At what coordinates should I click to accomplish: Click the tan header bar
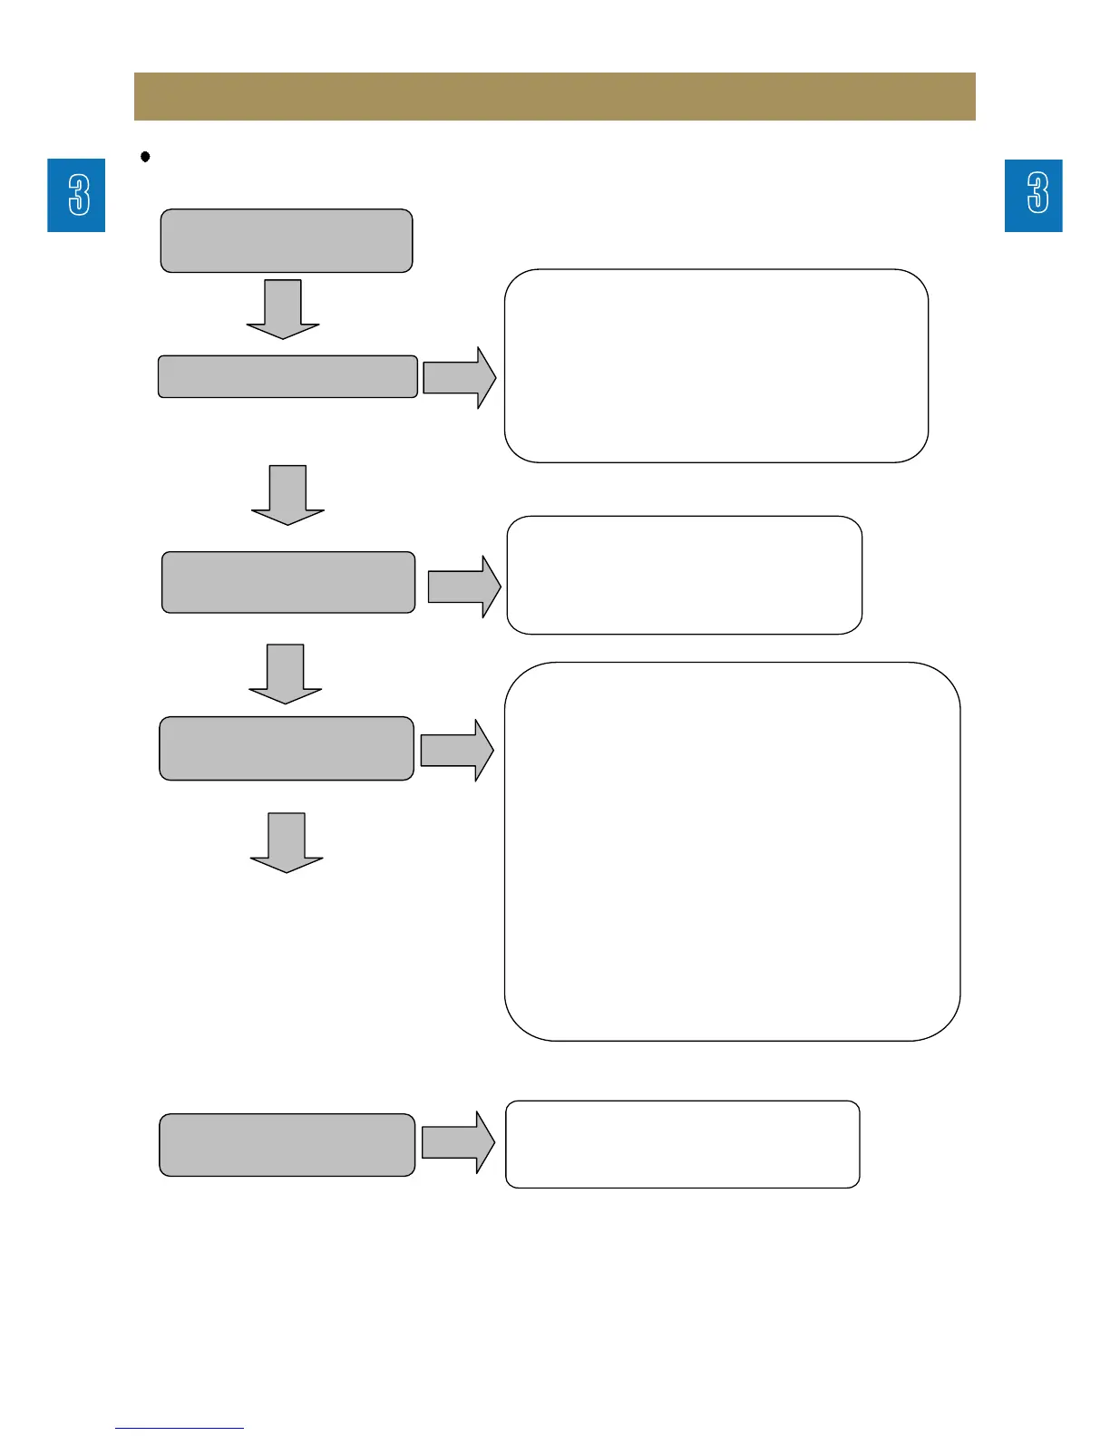[x=554, y=96]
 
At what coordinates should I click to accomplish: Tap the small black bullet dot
[x=145, y=157]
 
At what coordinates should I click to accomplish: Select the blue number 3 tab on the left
[x=76, y=195]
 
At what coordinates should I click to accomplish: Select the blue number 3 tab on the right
[x=1033, y=195]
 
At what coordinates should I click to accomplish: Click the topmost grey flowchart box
[x=287, y=240]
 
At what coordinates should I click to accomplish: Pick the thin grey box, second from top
[x=287, y=376]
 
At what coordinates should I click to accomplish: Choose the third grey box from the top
[x=288, y=582]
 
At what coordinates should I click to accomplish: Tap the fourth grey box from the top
[x=287, y=748]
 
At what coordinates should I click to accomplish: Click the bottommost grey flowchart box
[x=287, y=1145]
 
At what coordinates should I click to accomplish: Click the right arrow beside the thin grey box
[x=459, y=377]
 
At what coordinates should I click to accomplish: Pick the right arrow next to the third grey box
[x=463, y=587]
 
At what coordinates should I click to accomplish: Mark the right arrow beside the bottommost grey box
[x=458, y=1142]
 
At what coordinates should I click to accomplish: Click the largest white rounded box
[x=732, y=851]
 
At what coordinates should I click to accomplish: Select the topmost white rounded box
[x=716, y=365]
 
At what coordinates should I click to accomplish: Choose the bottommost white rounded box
[x=682, y=1144]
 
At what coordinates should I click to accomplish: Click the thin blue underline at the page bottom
[x=180, y=1428]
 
